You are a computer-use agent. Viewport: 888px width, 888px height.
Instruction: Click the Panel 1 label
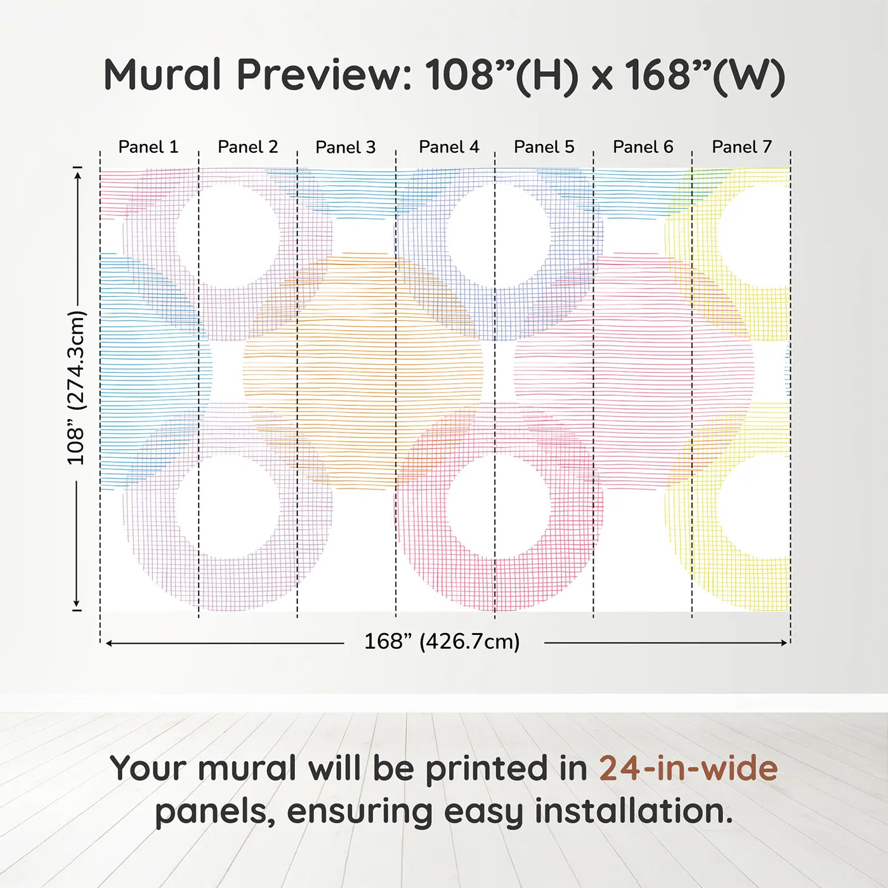point(148,147)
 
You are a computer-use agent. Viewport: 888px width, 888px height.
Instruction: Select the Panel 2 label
point(248,147)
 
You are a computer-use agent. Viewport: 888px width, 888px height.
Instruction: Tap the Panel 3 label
point(346,148)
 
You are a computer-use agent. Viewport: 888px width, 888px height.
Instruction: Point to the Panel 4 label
point(449,147)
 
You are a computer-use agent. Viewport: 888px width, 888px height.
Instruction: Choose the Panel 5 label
point(544,147)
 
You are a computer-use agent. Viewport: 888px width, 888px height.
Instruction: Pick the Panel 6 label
point(643,147)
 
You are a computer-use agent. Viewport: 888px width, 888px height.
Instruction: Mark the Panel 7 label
point(742,147)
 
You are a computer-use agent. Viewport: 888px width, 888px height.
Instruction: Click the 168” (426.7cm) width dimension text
point(442,642)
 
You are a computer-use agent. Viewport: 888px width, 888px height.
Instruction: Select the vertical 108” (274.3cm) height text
point(76,388)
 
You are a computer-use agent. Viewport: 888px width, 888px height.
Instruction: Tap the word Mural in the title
point(162,75)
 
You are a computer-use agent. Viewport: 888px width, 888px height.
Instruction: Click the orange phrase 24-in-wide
point(688,769)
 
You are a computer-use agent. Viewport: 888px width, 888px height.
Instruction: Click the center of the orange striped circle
point(363,371)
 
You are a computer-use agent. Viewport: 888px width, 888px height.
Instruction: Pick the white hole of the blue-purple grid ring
point(497,235)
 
